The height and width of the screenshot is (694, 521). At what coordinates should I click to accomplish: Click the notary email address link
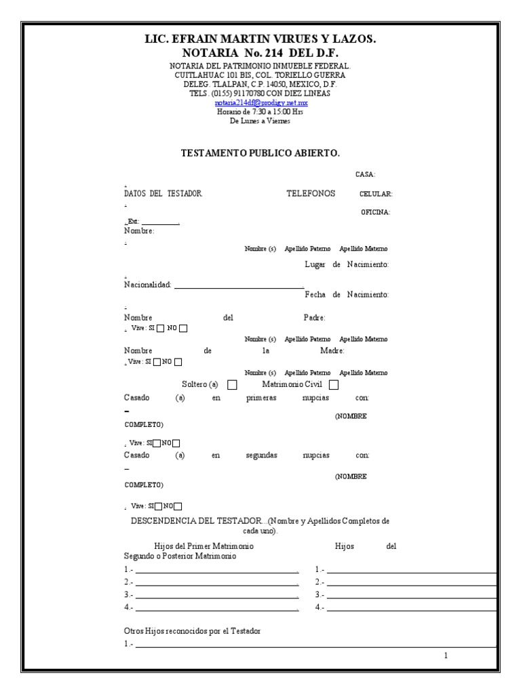tap(261, 103)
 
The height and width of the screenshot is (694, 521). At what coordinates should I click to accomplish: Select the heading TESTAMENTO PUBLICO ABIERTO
tap(260, 154)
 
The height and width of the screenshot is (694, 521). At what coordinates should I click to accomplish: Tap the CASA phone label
tap(366, 175)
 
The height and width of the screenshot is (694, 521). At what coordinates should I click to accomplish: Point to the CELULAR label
tap(376, 195)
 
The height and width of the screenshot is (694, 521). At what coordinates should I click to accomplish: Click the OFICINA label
tap(375, 213)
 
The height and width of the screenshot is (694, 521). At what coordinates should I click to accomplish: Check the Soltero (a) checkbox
tap(232, 385)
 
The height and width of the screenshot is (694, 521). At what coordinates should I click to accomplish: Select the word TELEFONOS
tap(311, 194)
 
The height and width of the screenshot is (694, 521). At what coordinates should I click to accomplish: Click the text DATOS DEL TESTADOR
tap(163, 194)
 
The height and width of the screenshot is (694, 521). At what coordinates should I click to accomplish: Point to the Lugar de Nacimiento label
tap(347, 264)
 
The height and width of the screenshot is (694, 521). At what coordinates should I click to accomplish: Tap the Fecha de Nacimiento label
tap(347, 295)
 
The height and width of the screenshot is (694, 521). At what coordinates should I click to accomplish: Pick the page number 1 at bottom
tap(446, 655)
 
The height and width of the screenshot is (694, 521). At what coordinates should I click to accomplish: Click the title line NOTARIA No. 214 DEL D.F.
tap(260, 53)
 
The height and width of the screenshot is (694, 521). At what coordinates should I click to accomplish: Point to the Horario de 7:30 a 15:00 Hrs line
tap(260, 112)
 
